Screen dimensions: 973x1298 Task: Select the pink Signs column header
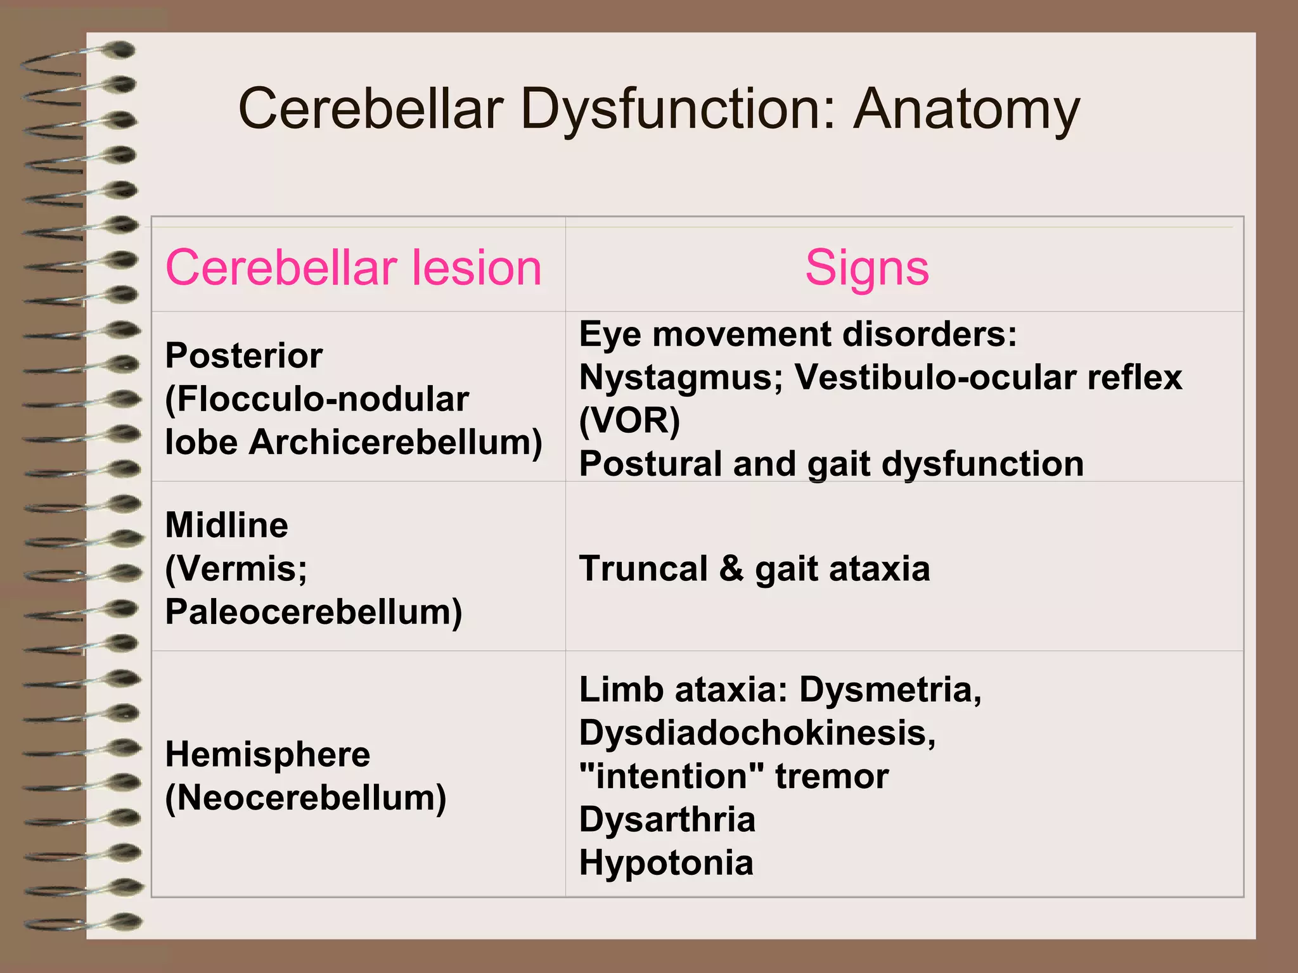click(x=866, y=267)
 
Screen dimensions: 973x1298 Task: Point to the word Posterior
click(x=244, y=355)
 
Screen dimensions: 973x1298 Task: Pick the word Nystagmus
click(x=681, y=378)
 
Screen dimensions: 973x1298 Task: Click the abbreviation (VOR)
click(x=629, y=421)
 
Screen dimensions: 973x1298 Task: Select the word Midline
click(x=226, y=525)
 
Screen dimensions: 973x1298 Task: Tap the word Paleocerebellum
click(x=314, y=612)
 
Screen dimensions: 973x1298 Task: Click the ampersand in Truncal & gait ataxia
click(x=731, y=568)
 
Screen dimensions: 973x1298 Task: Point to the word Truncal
click(x=643, y=568)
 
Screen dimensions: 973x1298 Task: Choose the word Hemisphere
click(x=267, y=754)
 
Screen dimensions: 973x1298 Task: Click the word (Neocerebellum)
click(x=305, y=798)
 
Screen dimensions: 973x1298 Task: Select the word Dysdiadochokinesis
click(x=757, y=733)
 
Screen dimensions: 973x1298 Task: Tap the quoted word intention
click(x=671, y=776)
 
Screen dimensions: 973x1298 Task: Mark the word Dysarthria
click(x=667, y=820)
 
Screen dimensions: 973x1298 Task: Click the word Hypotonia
click(x=666, y=863)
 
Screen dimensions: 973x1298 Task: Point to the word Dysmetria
click(x=890, y=690)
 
